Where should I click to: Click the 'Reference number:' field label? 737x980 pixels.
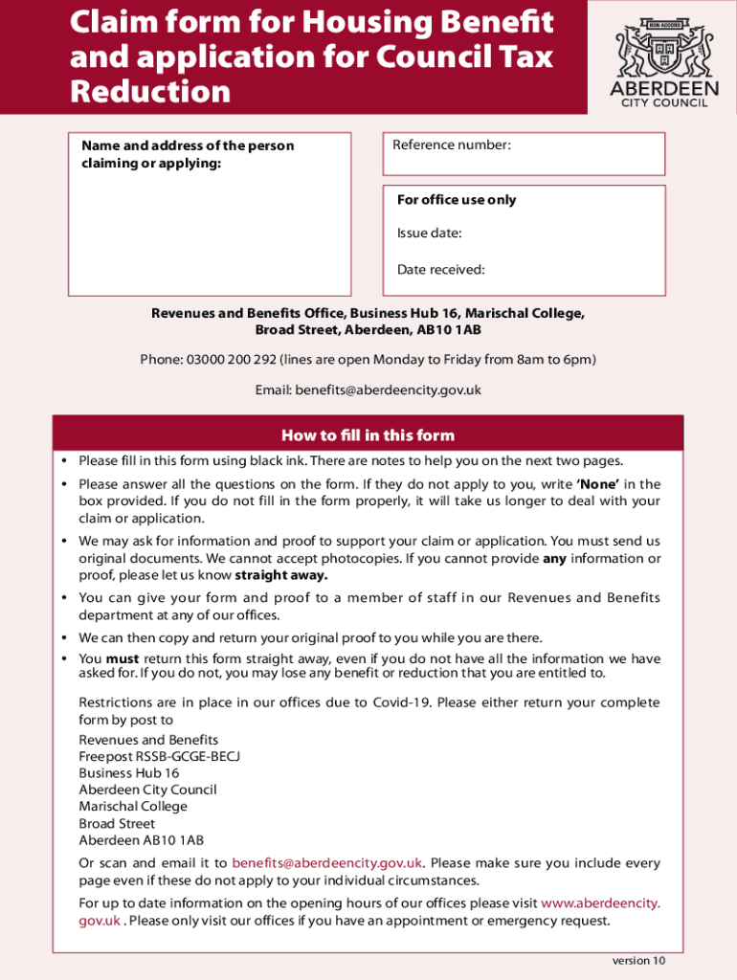pyautogui.click(x=452, y=145)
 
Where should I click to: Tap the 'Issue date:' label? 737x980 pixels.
pyautogui.click(x=430, y=234)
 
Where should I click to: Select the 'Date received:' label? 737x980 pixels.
pyautogui.click(x=441, y=270)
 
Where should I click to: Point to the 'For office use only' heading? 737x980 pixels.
pyautogui.click(x=457, y=200)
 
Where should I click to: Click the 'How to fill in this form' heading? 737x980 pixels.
pyautogui.click(x=368, y=435)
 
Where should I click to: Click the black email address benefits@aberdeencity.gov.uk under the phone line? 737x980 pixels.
pyautogui.click(x=388, y=390)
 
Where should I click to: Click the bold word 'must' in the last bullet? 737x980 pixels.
pyautogui.click(x=123, y=658)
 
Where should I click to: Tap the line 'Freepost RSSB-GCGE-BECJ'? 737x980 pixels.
pyautogui.click(x=159, y=756)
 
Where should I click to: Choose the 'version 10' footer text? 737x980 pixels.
pyautogui.click(x=638, y=961)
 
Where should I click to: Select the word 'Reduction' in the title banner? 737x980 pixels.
pyautogui.click(x=150, y=92)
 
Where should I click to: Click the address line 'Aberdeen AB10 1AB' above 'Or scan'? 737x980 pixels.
pyautogui.click(x=141, y=840)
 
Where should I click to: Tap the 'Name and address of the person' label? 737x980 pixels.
pyautogui.click(x=188, y=146)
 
